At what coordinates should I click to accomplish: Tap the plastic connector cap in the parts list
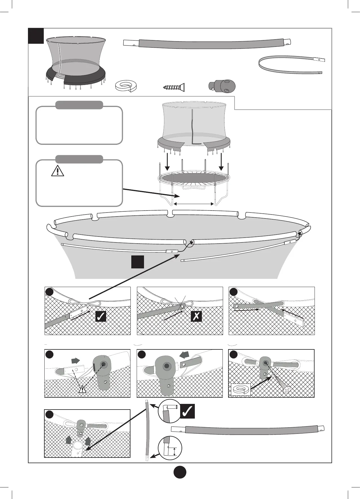[x=222, y=86]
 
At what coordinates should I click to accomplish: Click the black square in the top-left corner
[x=36, y=36]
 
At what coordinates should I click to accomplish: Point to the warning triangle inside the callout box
[x=57, y=170]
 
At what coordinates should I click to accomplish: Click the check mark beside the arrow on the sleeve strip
[x=101, y=316]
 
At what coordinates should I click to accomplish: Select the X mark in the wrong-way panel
[x=196, y=316]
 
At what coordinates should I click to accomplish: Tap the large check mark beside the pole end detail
[x=187, y=412]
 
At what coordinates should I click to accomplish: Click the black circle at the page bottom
[x=180, y=472]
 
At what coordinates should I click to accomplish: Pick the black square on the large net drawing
[x=138, y=262]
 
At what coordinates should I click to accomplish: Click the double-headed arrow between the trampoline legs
[x=194, y=203]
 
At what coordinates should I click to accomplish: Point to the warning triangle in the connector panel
[x=82, y=389]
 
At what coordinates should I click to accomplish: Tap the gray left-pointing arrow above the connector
[x=185, y=354]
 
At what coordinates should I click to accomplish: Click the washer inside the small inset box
[x=241, y=390]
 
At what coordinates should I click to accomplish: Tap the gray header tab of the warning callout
[x=79, y=159]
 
